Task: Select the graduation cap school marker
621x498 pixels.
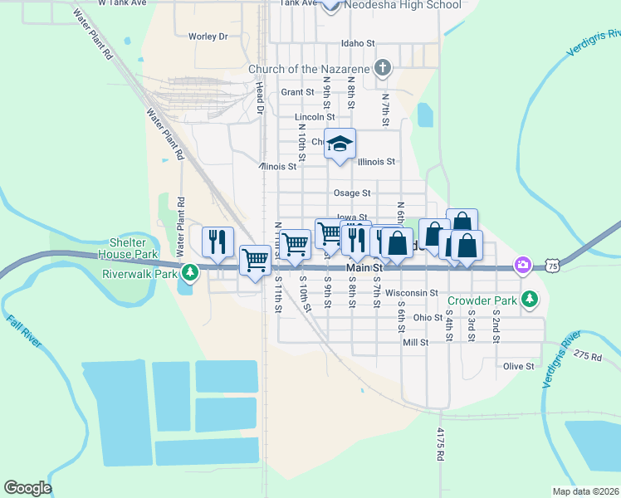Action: coord(340,144)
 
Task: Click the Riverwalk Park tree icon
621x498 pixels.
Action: coord(191,272)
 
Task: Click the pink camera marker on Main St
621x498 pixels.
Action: coord(522,265)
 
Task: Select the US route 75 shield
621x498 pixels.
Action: coord(554,265)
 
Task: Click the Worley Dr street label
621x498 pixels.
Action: coord(208,37)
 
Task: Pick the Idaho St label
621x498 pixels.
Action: coord(358,43)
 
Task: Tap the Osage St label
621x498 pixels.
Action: coord(351,193)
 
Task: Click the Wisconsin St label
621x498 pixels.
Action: coord(412,292)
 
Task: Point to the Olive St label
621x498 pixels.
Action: coord(517,365)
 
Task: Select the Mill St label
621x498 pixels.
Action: coord(414,342)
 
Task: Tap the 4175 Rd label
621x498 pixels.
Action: coord(441,446)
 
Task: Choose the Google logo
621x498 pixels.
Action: coord(28,488)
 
